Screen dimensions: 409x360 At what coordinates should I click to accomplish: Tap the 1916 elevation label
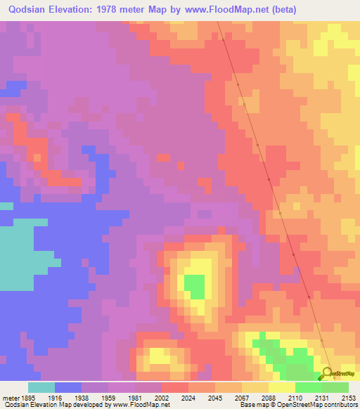[x=55, y=397]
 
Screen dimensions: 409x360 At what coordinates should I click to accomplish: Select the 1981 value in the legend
[x=135, y=397]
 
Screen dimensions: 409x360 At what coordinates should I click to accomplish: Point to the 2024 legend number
[x=188, y=397]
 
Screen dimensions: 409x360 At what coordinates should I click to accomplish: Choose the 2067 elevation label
[x=242, y=397]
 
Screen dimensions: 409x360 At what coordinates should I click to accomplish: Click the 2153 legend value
[x=349, y=397]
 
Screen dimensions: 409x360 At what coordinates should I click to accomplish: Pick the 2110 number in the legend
[x=295, y=397]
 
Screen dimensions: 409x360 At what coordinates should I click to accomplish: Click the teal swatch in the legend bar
[x=41, y=387]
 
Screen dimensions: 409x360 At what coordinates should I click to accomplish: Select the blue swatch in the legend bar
[x=68, y=387]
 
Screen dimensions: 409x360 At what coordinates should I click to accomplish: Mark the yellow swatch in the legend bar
[x=282, y=387]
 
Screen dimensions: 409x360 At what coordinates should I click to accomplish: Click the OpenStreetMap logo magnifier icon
[x=328, y=373]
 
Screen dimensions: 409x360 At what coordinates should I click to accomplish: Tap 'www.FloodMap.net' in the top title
[x=226, y=10]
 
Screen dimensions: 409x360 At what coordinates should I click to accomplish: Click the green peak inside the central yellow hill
[x=195, y=286]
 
